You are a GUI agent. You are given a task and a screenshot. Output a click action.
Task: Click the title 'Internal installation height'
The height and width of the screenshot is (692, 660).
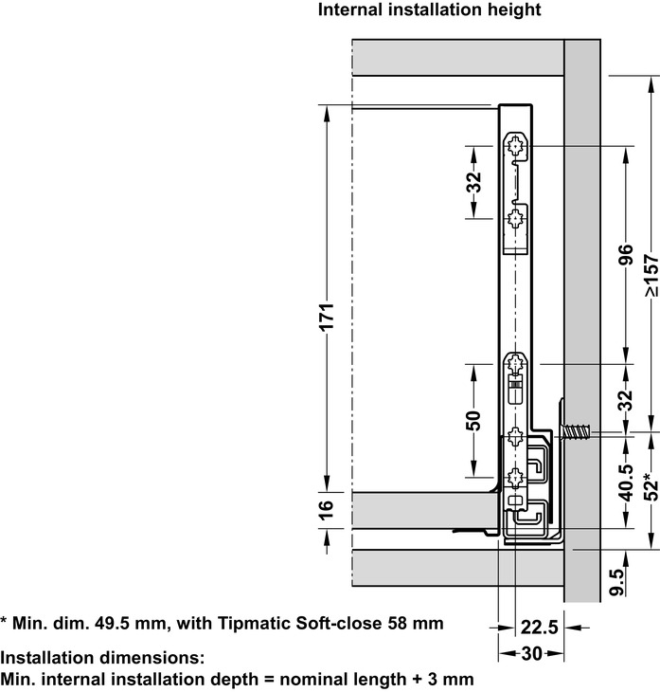pos(430,11)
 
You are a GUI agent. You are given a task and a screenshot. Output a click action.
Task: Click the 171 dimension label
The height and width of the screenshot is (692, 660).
pos(325,318)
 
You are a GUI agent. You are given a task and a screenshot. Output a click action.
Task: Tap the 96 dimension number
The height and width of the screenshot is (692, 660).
pos(624,256)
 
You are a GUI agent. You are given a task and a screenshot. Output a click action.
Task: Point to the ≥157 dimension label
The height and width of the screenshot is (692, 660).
pos(650,275)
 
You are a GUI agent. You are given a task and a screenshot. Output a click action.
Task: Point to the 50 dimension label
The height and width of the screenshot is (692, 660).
pos(474,420)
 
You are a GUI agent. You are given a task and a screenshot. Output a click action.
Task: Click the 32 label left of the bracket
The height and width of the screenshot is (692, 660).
pos(474,181)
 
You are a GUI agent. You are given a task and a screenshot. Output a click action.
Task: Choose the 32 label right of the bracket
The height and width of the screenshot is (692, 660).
pos(624,399)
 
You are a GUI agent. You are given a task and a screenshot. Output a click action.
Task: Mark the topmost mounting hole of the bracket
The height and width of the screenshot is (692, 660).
pos(516,145)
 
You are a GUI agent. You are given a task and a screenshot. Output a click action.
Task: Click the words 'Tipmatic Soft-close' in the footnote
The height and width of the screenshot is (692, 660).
pos(310,623)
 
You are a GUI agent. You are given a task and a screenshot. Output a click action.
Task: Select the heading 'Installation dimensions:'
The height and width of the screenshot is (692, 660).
pos(102,657)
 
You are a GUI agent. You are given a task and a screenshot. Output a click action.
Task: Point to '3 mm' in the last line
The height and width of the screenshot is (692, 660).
pos(450,679)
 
